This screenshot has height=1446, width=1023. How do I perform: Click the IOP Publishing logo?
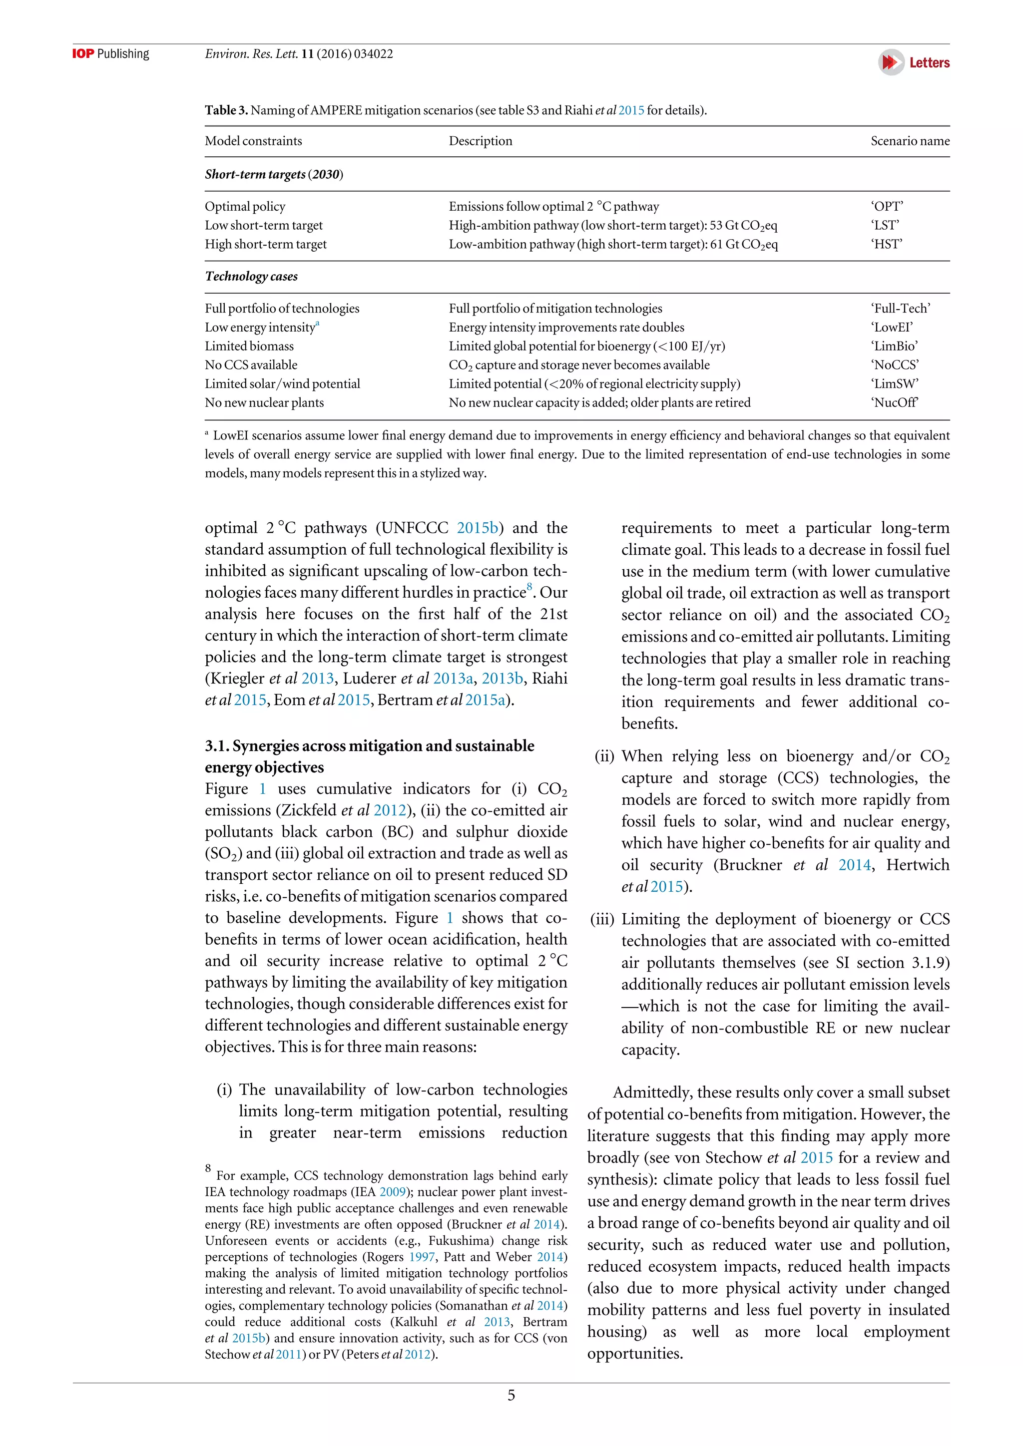[x=111, y=53]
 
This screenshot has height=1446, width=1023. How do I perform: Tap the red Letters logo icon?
[x=891, y=62]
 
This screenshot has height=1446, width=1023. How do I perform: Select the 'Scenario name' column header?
[x=910, y=141]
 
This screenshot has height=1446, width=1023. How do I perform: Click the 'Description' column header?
[x=480, y=141]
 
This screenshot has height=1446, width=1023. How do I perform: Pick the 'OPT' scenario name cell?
[x=887, y=207]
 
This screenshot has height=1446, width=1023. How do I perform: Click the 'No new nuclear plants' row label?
[x=264, y=402]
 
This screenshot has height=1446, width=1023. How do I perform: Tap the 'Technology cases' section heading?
[x=251, y=277]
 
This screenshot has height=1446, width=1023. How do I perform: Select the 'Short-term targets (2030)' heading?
[x=273, y=174]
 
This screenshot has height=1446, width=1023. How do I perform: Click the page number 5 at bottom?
[x=511, y=1396]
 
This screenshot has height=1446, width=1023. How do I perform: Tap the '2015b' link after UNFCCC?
[x=478, y=528]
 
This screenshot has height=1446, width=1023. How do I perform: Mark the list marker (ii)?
[x=603, y=756]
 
